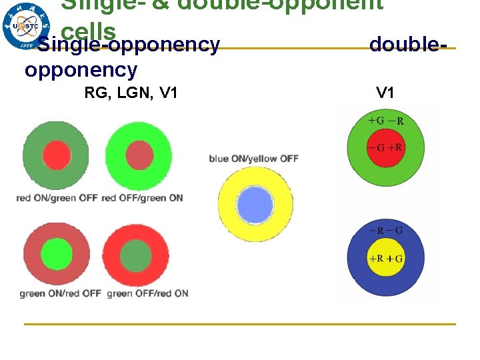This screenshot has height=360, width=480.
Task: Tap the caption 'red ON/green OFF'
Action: [57, 198]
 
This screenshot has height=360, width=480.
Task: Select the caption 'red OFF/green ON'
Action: [143, 198]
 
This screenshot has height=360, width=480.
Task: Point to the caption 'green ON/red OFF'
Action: [60, 293]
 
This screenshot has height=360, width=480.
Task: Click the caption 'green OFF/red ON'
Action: [147, 293]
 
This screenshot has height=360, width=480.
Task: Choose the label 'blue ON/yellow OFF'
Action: [253, 159]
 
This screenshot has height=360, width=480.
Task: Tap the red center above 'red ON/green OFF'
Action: [57, 155]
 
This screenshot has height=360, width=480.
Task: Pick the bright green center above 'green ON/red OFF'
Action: [56, 254]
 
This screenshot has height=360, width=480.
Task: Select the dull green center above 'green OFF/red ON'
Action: [137, 254]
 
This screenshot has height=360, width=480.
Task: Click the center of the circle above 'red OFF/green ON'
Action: [139, 155]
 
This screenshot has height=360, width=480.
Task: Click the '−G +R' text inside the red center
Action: [385, 147]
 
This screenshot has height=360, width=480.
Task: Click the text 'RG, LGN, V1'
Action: [131, 93]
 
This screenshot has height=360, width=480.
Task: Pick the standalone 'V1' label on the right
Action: [385, 93]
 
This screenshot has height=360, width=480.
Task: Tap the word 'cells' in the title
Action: [88, 30]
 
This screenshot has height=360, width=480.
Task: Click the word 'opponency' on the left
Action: [81, 69]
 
